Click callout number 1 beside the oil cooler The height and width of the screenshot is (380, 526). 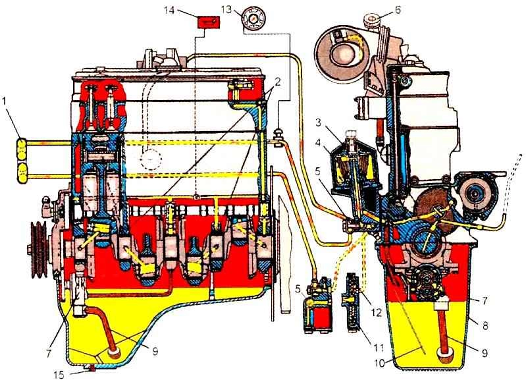(x=4, y=101)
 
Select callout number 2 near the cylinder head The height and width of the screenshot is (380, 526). (x=278, y=81)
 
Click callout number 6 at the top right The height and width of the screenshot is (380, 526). (x=398, y=10)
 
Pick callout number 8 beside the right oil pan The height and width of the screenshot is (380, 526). (x=485, y=325)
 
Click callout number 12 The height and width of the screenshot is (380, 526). (x=377, y=312)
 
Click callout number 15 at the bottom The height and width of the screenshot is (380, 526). (x=59, y=373)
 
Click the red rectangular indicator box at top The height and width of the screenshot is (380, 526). (x=208, y=23)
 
